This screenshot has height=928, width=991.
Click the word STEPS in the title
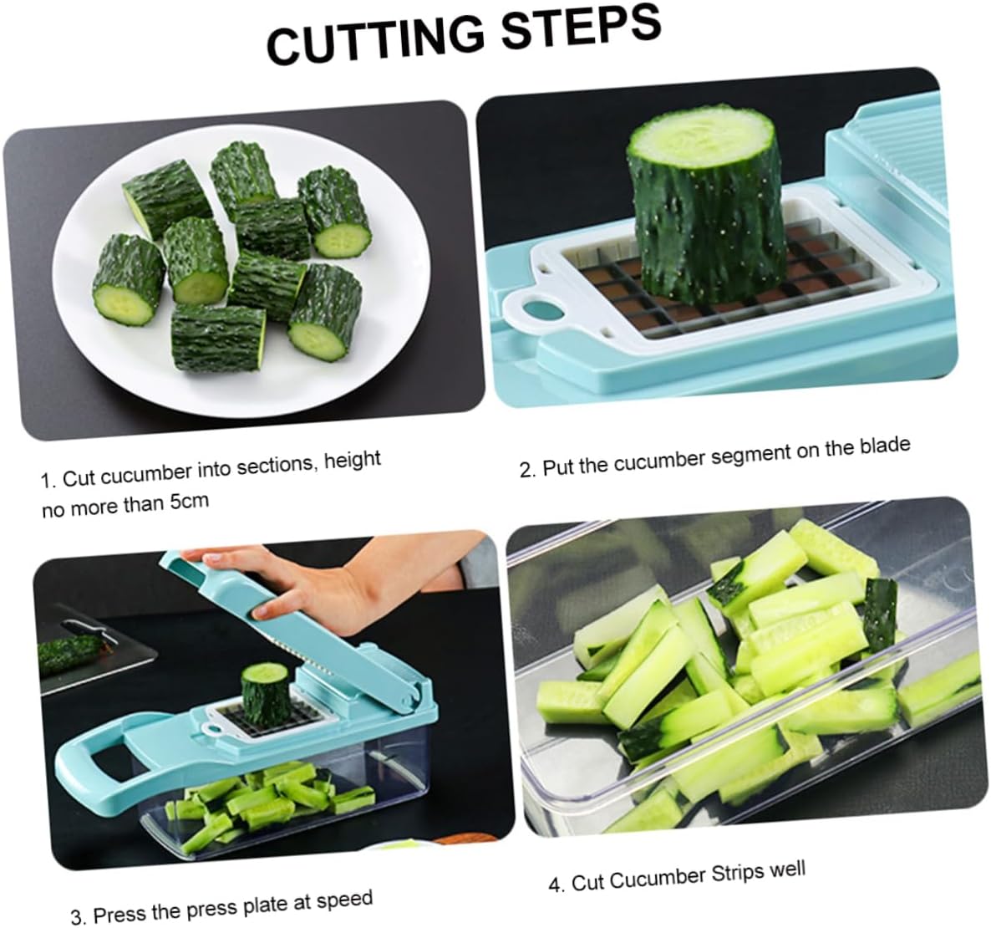pyautogui.click(x=576, y=28)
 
